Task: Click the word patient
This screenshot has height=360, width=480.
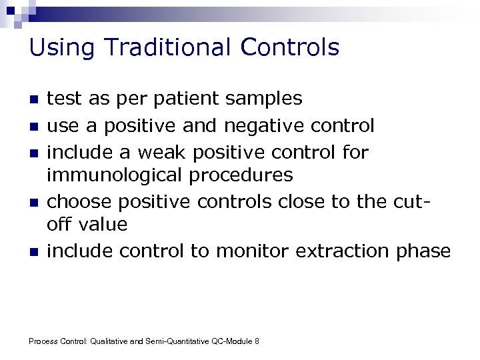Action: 189,99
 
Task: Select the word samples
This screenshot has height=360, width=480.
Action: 264,99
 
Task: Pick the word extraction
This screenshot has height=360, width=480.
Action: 339,251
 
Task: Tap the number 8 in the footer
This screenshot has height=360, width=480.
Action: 257,341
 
